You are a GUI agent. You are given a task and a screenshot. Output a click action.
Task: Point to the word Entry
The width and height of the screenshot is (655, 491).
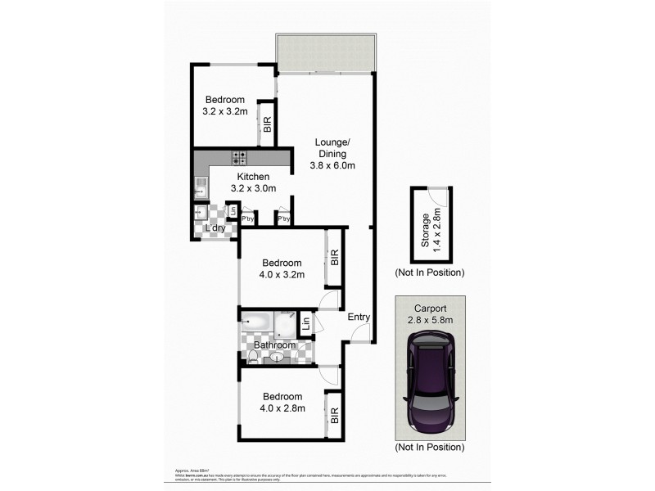click(x=359, y=318)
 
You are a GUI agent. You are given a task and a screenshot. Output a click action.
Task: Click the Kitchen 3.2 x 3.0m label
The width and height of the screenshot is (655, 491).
click(x=253, y=182)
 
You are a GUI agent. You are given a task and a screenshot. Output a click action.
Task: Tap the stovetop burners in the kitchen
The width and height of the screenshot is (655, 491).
click(x=240, y=158)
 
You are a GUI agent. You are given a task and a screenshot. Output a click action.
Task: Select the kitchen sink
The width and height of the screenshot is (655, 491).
click(x=200, y=188)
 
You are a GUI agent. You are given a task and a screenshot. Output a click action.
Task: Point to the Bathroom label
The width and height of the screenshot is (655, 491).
click(x=273, y=345)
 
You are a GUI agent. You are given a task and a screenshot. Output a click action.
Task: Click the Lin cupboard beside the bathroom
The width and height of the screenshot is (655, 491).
click(x=305, y=323)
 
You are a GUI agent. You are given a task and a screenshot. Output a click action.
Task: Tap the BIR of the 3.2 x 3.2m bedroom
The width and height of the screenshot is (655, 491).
click(x=266, y=124)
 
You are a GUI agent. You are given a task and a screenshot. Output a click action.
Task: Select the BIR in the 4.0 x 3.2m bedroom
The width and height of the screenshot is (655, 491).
click(x=333, y=258)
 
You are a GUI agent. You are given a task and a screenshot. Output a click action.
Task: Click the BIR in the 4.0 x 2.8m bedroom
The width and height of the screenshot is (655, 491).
click(x=333, y=417)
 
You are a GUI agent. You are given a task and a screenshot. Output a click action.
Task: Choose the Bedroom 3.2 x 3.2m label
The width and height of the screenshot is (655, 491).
click(x=224, y=106)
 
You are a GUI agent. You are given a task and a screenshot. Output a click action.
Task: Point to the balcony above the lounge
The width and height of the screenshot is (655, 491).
click(x=326, y=52)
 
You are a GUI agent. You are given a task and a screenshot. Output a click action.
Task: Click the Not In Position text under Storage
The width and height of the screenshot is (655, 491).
click(x=429, y=272)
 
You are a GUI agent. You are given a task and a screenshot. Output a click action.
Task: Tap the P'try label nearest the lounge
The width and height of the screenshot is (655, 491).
click(x=285, y=219)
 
